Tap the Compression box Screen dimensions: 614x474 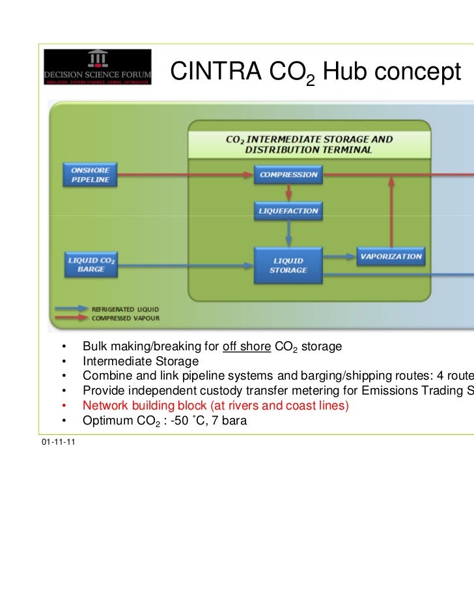tap(288, 174)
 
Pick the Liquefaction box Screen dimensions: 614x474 tap(288, 211)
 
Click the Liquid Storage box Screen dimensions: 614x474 tap(288, 265)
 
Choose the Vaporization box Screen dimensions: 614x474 tap(391, 257)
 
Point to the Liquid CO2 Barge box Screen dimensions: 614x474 tap(91, 264)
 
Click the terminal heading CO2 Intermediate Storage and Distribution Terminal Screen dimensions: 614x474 tap(309, 145)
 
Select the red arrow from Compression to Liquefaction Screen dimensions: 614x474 tap(288, 192)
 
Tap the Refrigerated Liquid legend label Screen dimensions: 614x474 tap(124, 309)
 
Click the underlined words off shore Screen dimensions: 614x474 tap(246, 346)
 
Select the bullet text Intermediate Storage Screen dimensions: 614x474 tap(141, 361)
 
